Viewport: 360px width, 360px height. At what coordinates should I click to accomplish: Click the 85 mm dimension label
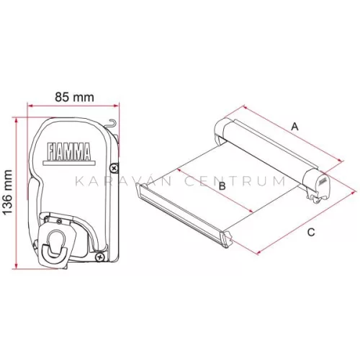[x=74, y=97]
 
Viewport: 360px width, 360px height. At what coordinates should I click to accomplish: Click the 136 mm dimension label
[x=9, y=192]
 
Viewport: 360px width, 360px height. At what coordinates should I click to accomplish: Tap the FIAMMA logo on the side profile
[x=69, y=151]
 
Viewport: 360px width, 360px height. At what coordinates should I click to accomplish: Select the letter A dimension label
[x=294, y=127]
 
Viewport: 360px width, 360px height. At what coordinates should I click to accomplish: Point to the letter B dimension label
[x=222, y=186]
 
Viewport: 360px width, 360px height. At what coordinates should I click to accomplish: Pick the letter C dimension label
[x=311, y=233]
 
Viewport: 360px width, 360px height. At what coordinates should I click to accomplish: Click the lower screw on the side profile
[x=99, y=257]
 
